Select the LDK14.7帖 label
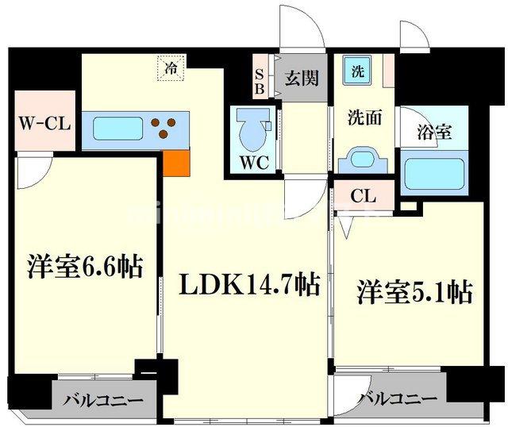point(243,284)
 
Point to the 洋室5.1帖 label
point(414,291)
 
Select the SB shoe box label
point(260,81)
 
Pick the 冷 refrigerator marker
point(170,68)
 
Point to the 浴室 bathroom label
point(435,133)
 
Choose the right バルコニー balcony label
point(397,398)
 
